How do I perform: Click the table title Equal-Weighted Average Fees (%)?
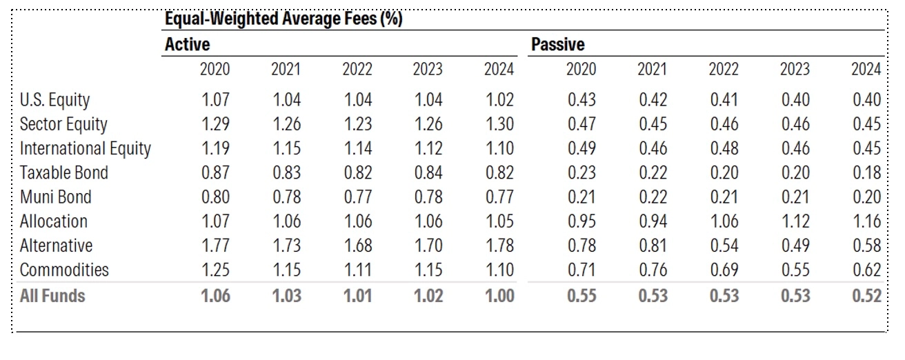tap(284, 19)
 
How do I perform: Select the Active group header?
tap(188, 44)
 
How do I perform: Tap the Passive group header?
tap(557, 44)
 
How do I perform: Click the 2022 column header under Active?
tap(357, 69)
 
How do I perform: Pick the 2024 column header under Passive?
tap(866, 69)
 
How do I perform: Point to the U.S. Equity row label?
tap(54, 100)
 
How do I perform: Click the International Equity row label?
tap(86, 149)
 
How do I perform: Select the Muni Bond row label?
tap(56, 197)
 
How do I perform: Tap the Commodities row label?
tap(64, 270)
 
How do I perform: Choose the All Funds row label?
tap(52, 296)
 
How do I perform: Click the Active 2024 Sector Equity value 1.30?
tap(499, 124)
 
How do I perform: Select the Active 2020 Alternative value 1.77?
tap(215, 246)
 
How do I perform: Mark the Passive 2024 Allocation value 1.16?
tap(866, 221)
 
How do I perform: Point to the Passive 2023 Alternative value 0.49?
tap(795, 246)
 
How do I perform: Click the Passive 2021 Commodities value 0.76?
tap(653, 270)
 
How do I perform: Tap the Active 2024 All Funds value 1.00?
tap(499, 296)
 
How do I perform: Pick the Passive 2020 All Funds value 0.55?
tap(581, 296)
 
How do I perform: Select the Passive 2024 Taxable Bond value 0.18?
tap(866, 173)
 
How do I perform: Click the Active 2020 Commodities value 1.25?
tap(215, 270)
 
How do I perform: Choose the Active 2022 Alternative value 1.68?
tap(357, 246)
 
